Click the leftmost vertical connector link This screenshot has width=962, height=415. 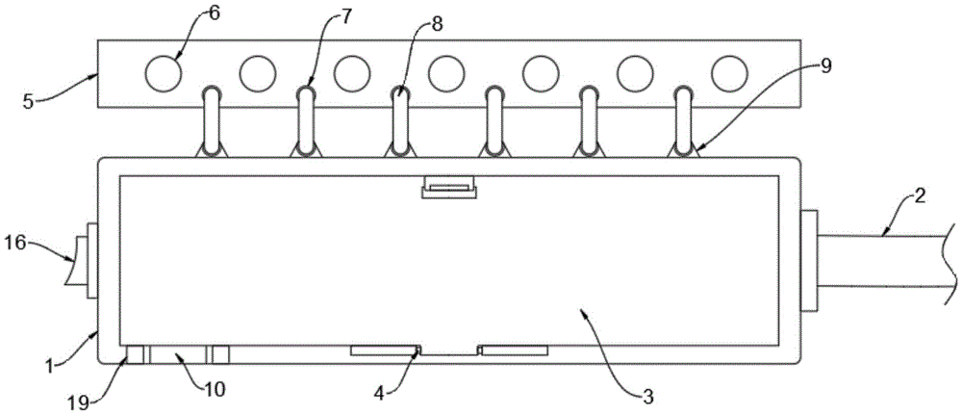[x=211, y=119]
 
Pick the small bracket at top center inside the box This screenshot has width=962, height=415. [x=449, y=188]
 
